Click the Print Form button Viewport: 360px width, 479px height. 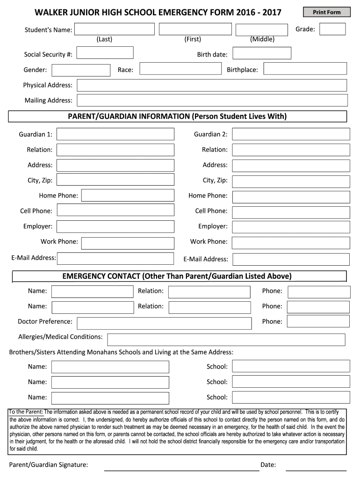tap(327, 12)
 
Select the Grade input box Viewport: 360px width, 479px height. tap(332, 29)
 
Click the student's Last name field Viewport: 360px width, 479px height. tap(115, 29)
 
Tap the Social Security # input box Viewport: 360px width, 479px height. tap(105, 53)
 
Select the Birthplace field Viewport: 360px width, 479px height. tap(305, 69)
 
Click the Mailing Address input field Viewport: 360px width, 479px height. tap(212, 100)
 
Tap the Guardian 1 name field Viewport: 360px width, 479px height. tap(115, 135)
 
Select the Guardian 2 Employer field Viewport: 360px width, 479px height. tap(291, 227)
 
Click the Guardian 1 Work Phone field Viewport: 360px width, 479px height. tap(128, 242)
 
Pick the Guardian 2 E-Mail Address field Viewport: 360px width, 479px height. tap(291, 259)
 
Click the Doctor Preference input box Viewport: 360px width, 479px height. tap(164, 323)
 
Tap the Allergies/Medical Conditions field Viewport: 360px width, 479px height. tap(226, 340)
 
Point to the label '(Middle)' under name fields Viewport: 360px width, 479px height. tap(262, 39)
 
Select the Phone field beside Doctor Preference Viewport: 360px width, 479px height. tap(318, 321)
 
